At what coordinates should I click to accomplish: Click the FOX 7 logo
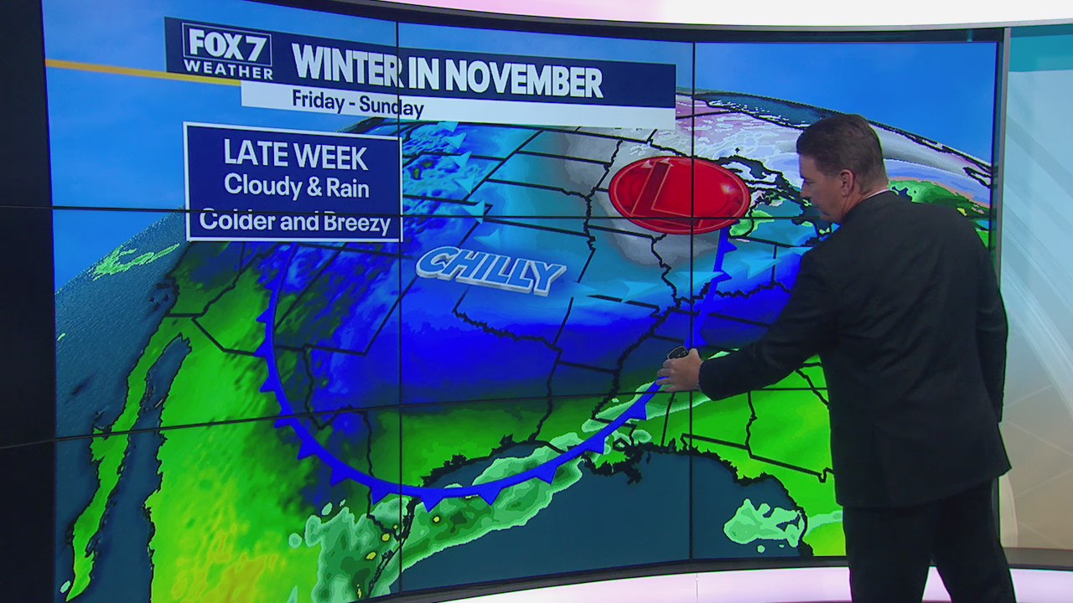click(x=227, y=50)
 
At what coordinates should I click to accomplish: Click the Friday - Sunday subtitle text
click(x=358, y=104)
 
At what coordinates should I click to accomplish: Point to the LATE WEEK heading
click(x=295, y=156)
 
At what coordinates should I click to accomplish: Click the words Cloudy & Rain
click(x=296, y=186)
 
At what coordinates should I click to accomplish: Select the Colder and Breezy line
click(x=295, y=222)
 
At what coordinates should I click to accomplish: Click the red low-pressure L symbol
click(x=679, y=194)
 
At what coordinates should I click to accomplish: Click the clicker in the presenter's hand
click(x=677, y=354)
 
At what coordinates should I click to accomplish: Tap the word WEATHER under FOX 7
click(x=227, y=70)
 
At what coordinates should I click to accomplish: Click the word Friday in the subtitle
click(x=318, y=100)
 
